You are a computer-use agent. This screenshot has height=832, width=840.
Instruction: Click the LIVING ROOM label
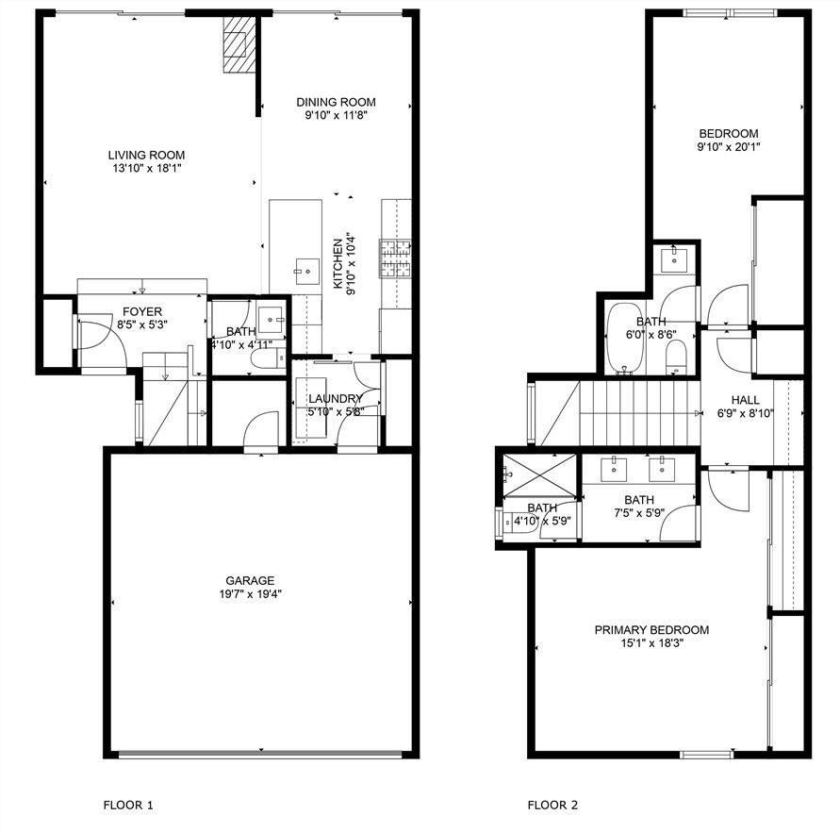[x=146, y=155]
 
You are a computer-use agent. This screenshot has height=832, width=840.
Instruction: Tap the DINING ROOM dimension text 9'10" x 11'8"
[x=336, y=115]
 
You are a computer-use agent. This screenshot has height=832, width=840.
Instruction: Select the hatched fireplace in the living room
[x=239, y=43]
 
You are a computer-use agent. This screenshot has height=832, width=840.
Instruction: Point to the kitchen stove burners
[x=395, y=258]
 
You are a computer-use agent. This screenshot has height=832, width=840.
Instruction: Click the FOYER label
[x=142, y=311]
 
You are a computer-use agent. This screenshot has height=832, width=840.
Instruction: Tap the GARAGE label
[x=250, y=580]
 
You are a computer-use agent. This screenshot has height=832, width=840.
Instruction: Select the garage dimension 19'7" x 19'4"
[x=250, y=593]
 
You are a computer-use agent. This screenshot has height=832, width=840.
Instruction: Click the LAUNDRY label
[x=336, y=398]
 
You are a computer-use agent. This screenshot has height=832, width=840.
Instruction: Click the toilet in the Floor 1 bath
[x=268, y=358]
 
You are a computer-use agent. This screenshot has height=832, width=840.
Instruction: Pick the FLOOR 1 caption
[x=128, y=805]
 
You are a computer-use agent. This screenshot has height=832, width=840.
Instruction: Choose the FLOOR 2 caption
[x=552, y=805]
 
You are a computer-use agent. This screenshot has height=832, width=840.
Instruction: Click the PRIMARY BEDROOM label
[x=651, y=629]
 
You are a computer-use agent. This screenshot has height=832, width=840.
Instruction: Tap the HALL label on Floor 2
[x=745, y=400]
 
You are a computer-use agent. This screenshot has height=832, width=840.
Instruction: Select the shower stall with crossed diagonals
[x=539, y=475]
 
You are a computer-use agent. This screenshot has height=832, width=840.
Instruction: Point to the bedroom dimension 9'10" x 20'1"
[x=729, y=146]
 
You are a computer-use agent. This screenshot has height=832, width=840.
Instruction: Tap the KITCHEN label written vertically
[x=338, y=264]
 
